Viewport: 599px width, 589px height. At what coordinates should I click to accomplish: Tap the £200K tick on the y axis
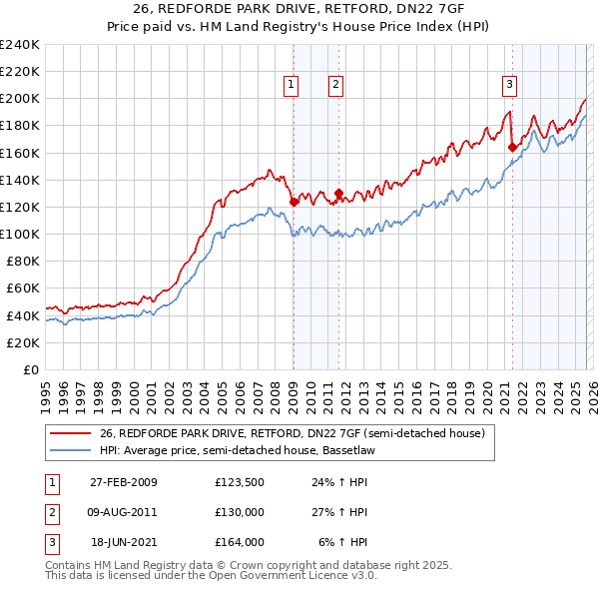coord(20,99)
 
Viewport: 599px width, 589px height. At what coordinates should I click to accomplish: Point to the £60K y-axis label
coord(22,289)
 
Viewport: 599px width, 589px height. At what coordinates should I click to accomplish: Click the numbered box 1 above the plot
coord(292,86)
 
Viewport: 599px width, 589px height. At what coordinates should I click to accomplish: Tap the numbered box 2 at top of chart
coord(335,86)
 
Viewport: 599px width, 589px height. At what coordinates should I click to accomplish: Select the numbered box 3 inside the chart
coord(509,86)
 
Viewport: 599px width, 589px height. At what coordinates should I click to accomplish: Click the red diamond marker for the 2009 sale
coord(294,202)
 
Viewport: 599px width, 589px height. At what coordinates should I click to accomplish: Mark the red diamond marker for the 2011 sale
coord(338,193)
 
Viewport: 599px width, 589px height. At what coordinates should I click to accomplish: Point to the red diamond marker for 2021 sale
coord(512,147)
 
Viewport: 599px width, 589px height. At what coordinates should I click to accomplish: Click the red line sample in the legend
coord(71,433)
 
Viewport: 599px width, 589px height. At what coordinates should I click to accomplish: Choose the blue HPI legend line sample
coord(71,450)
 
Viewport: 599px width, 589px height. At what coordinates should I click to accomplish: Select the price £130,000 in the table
coord(240,512)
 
